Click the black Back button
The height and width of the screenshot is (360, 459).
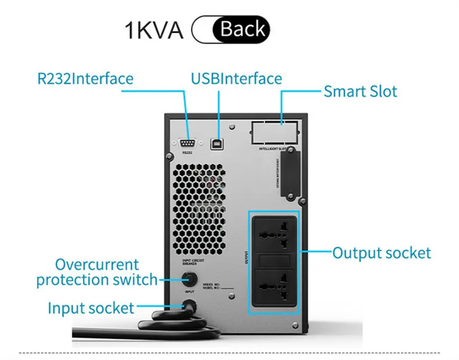[241, 29]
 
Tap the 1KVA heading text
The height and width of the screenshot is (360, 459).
[154, 30]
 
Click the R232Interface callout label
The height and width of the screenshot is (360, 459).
[85, 79]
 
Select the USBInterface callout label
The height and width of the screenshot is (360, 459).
[236, 79]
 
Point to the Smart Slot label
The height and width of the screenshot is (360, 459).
[360, 91]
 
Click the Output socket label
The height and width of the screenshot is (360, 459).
[382, 253]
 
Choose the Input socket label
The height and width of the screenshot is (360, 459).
[91, 308]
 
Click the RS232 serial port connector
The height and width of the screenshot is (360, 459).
[187, 141]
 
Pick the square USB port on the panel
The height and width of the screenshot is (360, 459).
[220, 141]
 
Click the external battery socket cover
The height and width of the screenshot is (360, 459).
[289, 172]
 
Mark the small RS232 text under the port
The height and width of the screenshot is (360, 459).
[187, 153]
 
